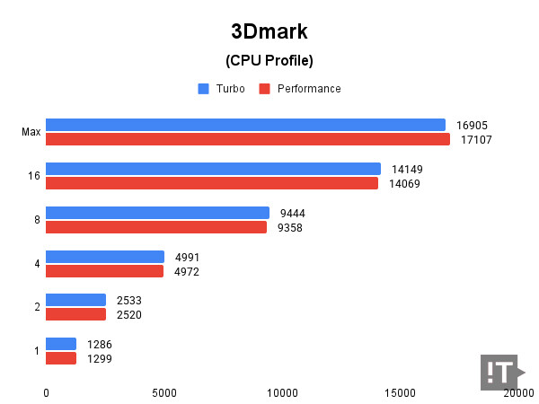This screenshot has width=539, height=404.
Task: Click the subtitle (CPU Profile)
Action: (x=269, y=61)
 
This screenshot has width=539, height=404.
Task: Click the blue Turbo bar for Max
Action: (x=245, y=125)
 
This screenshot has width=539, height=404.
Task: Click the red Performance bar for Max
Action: (x=247, y=140)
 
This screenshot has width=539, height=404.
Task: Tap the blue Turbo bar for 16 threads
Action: (x=213, y=169)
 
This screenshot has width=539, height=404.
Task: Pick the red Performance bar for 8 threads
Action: (x=156, y=227)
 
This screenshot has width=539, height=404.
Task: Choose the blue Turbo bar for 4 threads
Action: (x=104, y=257)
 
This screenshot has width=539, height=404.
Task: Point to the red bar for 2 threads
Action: (x=75, y=314)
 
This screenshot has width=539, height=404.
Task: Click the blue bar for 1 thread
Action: (x=60, y=344)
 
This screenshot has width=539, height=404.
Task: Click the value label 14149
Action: (x=407, y=169)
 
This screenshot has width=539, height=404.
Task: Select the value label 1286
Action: (x=99, y=344)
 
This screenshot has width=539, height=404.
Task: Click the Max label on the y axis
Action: (x=31, y=133)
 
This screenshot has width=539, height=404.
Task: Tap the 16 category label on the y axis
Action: (x=34, y=176)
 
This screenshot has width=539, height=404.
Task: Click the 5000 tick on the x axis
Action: (x=164, y=392)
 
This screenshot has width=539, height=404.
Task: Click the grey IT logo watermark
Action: (x=500, y=372)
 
